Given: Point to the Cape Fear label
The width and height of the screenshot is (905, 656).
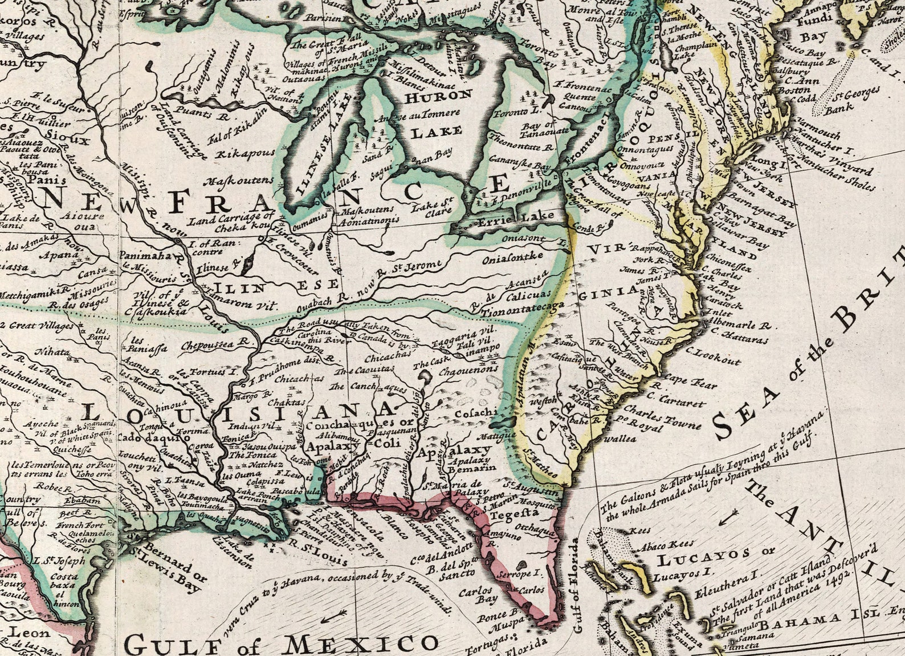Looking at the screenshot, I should click(x=690, y=382).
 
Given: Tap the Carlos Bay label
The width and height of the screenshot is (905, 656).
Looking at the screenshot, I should click(x=479, y=594).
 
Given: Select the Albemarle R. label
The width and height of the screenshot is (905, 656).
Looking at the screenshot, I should click(x=740, y=326).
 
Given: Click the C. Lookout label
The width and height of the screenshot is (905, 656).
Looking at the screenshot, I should click(x=714, y=359).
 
